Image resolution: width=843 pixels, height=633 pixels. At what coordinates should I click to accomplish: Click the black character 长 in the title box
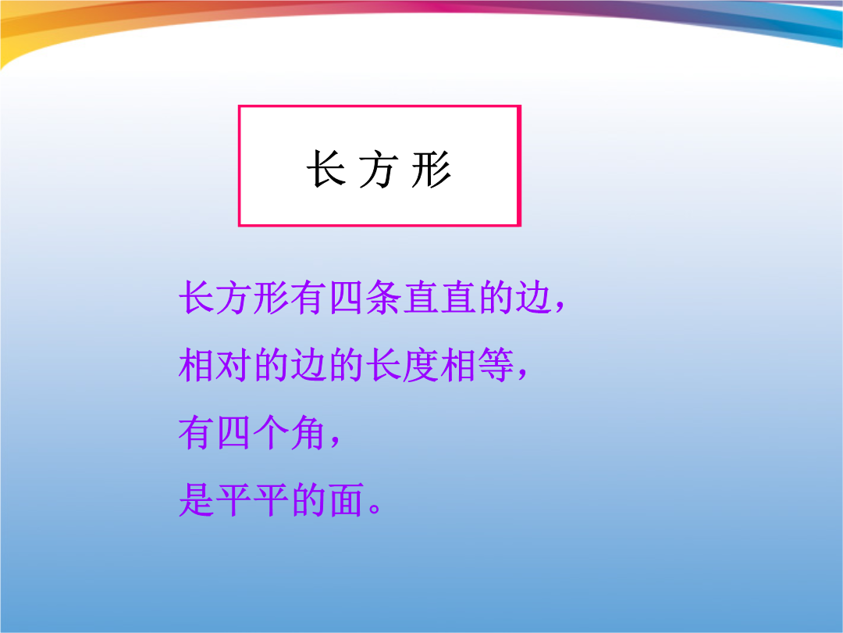click(326, 169)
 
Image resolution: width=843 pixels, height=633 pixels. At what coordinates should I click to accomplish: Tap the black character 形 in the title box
click(432, 169)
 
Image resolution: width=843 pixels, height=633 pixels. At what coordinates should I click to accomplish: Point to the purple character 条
click(383, 297)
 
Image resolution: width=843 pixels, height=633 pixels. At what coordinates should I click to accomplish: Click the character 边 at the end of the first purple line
click(533, 297)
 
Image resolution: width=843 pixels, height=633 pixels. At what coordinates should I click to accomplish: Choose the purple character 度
click(421, 365)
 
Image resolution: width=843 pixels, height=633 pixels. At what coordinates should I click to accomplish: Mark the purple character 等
click(496, 365)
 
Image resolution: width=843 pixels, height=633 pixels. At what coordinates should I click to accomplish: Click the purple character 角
click(308, 433)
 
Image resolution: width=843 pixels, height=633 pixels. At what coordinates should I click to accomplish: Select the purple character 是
click(196, 500)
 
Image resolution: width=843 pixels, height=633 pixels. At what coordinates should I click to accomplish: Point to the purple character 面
click(346, 500)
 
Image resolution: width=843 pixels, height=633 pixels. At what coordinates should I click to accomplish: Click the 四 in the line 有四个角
click(234, 433)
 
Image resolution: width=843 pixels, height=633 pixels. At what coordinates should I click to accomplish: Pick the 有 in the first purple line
click(308, 297)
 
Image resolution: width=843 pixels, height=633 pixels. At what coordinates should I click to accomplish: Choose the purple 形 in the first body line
click(271, 297)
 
